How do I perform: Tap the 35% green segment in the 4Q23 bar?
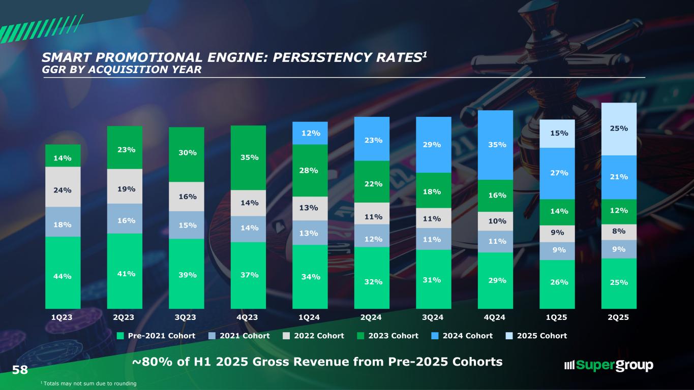pos(248,157)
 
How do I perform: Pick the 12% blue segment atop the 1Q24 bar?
pos(310,133)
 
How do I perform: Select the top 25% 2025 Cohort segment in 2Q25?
pos(619,129)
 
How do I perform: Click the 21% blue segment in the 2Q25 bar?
pos(619,177)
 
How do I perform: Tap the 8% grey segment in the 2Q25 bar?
pos(619,232)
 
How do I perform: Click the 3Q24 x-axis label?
pos(434,317)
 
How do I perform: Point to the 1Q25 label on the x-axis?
pos(557,317)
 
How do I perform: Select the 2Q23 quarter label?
pos(125,317)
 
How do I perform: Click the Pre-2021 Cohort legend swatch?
pos(120,336)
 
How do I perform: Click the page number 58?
pos(20,369)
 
